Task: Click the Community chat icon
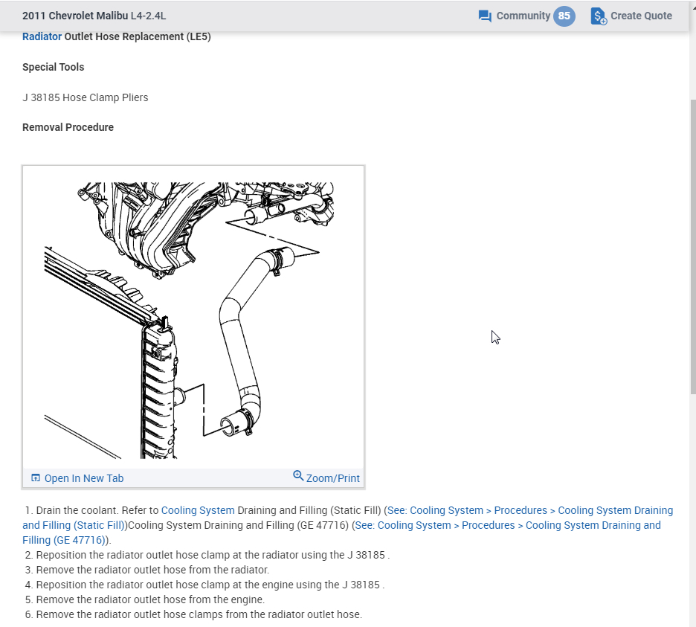(x=485, y=16)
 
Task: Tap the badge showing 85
(x=564, y=16)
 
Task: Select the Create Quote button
(x=631, y=16)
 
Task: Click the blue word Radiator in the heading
(x=42, y=36)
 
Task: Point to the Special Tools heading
(x=53, y=67)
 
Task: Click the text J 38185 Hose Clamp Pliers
(x=85, y=97)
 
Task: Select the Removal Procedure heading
(x=68, y=127)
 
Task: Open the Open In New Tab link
(x=83, y=478)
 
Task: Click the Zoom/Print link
(x=332, y=478)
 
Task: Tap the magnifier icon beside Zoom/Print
(x=298, y=476)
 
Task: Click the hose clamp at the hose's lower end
(x=242, y=421)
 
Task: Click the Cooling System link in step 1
(x=198, y=510)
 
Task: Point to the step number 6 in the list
(x=29, y=614)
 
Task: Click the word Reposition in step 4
(x=63, y=585)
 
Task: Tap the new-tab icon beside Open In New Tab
(x=36, y=478)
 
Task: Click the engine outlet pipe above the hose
(x=257, y=216)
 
